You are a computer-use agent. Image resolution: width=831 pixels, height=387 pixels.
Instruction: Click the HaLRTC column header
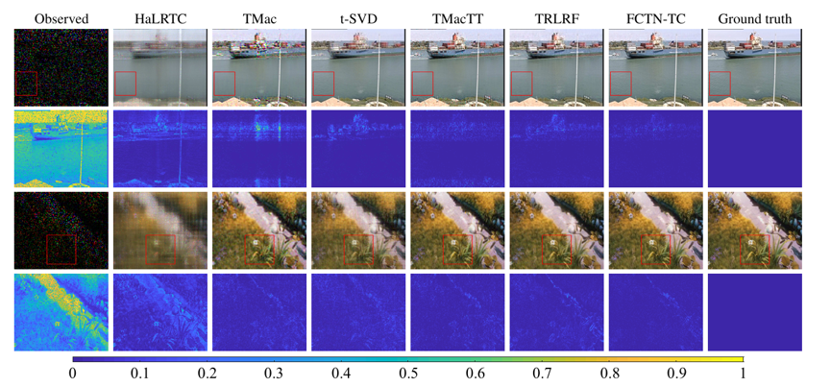(159, 20)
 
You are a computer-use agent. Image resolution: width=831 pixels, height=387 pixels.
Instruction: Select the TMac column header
(258, 20)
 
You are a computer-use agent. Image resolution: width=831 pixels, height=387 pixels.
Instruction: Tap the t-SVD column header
(357, 20)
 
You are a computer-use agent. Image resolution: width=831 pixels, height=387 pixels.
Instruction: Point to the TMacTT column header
(457, 20)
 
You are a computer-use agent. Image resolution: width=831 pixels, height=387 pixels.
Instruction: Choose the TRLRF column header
(556, 20)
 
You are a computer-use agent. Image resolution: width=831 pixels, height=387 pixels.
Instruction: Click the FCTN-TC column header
(655, 20)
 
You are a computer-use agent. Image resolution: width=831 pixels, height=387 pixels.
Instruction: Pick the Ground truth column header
(755, 20)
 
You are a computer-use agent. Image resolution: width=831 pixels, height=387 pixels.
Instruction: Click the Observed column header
(61, 20)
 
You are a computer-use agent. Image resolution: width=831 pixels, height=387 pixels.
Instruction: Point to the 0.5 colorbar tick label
(407, 374)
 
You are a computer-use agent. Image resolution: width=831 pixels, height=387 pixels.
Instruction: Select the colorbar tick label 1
(743, 374)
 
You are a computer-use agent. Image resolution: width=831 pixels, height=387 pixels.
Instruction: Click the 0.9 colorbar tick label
(675, 374)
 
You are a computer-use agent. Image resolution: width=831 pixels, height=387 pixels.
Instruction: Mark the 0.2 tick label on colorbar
(207, 374)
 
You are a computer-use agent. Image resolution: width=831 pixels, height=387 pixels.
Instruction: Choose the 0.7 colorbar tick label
(542, 374)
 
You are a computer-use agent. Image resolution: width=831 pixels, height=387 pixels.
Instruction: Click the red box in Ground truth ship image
(720, 72)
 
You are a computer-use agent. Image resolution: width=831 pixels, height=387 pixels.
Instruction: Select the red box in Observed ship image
(26, 72)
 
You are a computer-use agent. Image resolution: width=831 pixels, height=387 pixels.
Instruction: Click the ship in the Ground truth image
(759, 47)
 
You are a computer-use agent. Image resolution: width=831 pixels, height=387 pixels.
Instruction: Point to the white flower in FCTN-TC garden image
(652, 241)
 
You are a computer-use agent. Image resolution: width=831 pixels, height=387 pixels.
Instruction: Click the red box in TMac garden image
(245, 250)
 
